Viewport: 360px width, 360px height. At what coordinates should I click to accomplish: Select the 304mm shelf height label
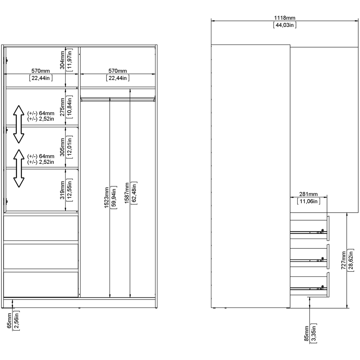[63, 60]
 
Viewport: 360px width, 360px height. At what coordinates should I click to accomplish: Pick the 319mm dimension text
[63, 190]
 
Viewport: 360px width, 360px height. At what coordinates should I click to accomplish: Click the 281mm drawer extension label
[309, 194]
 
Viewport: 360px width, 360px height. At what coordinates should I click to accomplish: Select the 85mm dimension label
[306, 333]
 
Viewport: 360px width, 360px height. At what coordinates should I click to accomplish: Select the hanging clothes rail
[118, 98]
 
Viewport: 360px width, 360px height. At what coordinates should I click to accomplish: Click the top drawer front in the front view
[41, 228]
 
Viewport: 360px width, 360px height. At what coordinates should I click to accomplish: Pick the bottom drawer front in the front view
[41, 284]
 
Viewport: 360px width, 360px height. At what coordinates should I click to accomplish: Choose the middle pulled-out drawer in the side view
[310, 256]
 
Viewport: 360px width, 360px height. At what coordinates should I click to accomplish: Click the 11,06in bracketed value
[309, 201]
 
